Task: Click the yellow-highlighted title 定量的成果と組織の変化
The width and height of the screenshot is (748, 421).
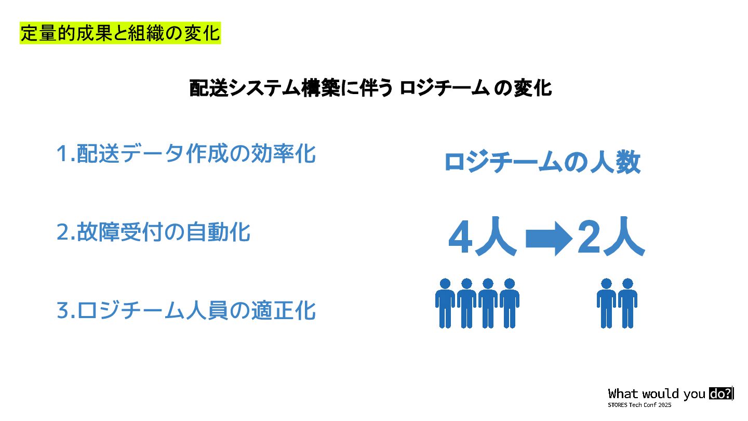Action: pyautogui.click(x=120, y=34)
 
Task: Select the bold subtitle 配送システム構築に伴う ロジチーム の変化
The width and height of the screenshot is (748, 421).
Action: pyautogui.click(x=370, y=88)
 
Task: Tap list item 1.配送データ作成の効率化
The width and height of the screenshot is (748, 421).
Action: pyautogui.click(x=186, y=154)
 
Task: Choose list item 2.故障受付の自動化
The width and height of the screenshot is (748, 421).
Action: pyautogui.click(x=153, y=232)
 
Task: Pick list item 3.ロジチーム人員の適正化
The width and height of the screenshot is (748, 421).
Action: pyautogui.click(x=186, y=311)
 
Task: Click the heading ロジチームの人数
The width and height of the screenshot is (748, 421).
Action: pyautogui.click(x=542, y=163)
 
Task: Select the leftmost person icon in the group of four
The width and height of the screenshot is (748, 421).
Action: pyautogui.click(x=445, y=304)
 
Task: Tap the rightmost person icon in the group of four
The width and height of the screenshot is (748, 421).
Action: pyautogui.click(x=510, y=304)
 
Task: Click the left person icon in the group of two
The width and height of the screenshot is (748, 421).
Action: pyautogui.click(x=606, y=304)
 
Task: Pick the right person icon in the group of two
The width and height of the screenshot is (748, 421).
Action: pyautogui.click(x=627, y=304)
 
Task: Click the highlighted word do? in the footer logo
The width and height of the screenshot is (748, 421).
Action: pyautogui.click(x=720, y=393)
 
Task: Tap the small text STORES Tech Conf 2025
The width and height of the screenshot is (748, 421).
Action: pyautogui.click(x=639, y=404)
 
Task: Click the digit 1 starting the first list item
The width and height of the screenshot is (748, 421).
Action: pyautogui.click(x=62, y=154)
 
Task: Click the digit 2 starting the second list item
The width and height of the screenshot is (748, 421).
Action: pyautogui.click(x=62, y=232)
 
